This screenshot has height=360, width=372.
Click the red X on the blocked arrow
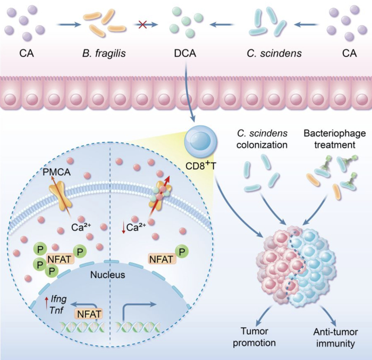coord(142,24)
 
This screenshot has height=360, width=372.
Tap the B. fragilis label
coord(104,53)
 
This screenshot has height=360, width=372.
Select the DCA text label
coord(185,53)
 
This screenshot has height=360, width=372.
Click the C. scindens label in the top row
coord(274,53)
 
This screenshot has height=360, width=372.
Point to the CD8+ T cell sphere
coord(201,142)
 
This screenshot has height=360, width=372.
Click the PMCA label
coord(57,172)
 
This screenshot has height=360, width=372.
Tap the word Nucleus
coord(108,275)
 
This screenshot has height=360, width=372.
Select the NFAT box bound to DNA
coord(89,314)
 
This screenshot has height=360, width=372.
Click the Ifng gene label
coord(58,299)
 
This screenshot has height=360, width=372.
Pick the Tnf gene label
coord(56,310)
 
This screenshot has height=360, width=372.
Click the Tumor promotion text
coord(255,337)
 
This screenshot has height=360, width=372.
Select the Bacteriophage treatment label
coord(335,139)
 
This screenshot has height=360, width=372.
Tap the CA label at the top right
coord(350,53)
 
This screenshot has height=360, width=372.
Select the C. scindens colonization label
coord(262,139)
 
